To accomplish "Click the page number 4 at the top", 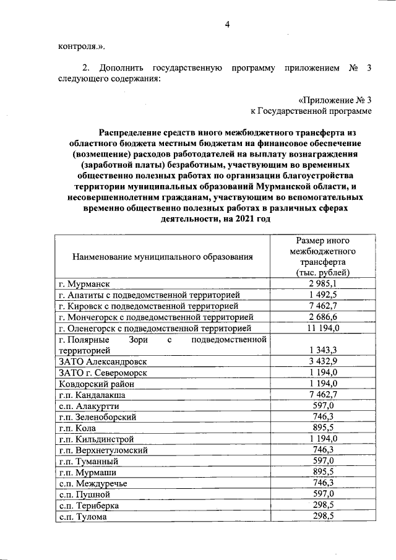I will pos(227,24).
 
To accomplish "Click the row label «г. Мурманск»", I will pos(84,283).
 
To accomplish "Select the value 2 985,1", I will pos(322,283).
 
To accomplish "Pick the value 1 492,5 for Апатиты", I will pos(322,295).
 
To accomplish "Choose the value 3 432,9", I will pos(322,361).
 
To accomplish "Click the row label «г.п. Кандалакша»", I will pos(92,394).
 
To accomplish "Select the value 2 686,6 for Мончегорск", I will pos(322,316).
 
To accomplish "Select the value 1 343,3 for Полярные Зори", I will pos(322,350).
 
